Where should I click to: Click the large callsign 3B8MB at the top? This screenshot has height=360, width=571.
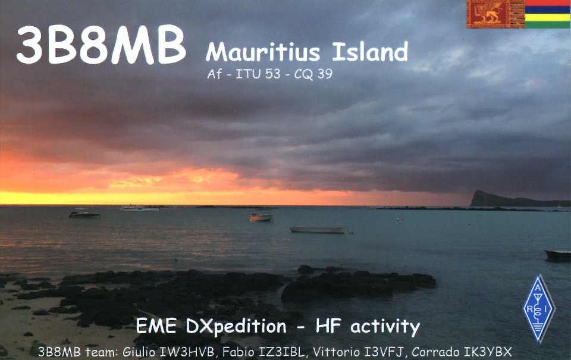point(101,45)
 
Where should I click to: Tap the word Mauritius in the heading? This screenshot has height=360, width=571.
point(263,52)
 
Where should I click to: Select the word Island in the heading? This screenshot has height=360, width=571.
point(370,51)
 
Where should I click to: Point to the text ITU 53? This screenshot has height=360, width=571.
point(258,74)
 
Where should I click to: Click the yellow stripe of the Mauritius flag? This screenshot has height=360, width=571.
point(548,17)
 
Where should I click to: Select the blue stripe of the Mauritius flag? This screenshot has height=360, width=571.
point(548,10)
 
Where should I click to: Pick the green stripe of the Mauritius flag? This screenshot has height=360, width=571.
point(548,24)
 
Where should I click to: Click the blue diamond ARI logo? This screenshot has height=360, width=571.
point(539,309)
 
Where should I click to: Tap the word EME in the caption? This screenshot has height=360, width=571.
point(157,326)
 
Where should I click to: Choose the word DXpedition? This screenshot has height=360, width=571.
point(236,327)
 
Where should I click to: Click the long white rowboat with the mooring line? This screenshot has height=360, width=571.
point(319,230)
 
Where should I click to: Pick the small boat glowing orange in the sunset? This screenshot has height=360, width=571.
point(261,218)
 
